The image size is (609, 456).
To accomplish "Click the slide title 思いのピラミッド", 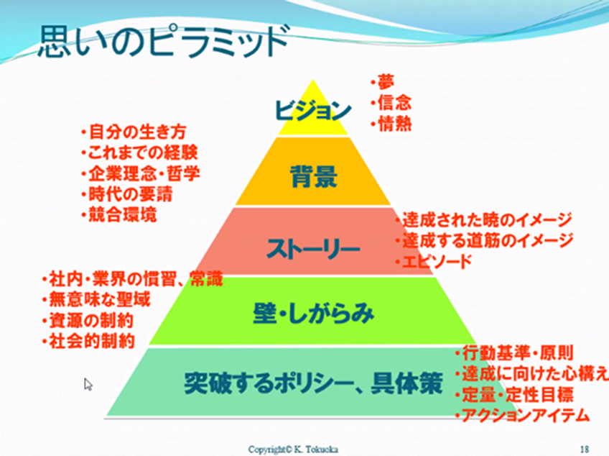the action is (x=163, y=41).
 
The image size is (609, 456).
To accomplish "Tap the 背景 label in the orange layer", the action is (x=314, y=177).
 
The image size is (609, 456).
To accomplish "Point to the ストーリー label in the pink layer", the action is (x=312, y=249).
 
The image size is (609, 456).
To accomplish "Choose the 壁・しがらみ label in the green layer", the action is (x=313, y=313).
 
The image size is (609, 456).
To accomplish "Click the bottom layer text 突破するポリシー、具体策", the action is (x=313, y=383).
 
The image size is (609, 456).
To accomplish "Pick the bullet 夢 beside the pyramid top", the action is (x=382, y=82).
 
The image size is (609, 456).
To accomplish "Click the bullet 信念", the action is (x=391, y=103).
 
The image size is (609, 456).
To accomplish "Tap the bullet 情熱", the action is (x=391, y=124).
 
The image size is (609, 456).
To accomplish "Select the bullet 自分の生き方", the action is (x=134, y=132).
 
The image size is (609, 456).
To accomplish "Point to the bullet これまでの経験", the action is (x=140, y=152).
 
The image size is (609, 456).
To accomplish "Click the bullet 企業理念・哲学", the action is (x=141, y=173).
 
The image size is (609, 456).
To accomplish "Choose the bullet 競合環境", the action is (x=118, y=215).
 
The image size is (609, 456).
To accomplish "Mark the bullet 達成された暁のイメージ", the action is (x=484, y=220).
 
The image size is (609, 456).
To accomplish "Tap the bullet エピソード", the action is (x=434, y=262).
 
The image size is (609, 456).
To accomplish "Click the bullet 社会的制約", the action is (x=88, y=341).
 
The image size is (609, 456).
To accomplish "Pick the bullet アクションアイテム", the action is (x=523, y=416).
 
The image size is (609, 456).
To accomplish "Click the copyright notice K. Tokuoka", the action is (x=293, y=450).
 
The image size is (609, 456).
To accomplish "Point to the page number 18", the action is (x=585, y=450).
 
